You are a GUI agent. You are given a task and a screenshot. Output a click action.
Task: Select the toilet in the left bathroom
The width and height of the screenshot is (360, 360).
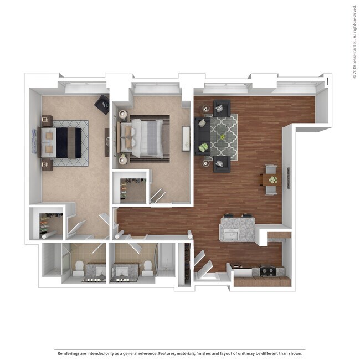pyautogui.click(x=78, y=269)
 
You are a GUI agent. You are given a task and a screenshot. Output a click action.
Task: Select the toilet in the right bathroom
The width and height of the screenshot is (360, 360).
pyautogui.click(x=147, y=269)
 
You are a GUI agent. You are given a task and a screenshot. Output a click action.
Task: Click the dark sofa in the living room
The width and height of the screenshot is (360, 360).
pyautogui.click(x=200, y=136)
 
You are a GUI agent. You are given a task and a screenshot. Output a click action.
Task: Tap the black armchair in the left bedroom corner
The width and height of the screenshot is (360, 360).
pyautogui.click(x=102, y=103)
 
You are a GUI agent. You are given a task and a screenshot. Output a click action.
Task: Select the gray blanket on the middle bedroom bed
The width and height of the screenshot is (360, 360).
pyautogui.click(x=151, y=137)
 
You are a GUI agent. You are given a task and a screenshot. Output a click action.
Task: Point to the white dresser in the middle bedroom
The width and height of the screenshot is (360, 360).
pyautogui.click(x=186, y=138)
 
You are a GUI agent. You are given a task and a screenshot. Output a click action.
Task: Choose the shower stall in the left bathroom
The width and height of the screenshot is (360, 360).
pyautogui.click(x=53, y=260)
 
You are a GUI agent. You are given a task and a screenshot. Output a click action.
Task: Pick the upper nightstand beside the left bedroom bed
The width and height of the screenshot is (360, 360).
pyautogui.click(x=47, y=121)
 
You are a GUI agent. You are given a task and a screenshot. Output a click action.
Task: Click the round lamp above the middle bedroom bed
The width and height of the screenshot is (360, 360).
pyautogui.click(x=122, y=117)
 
